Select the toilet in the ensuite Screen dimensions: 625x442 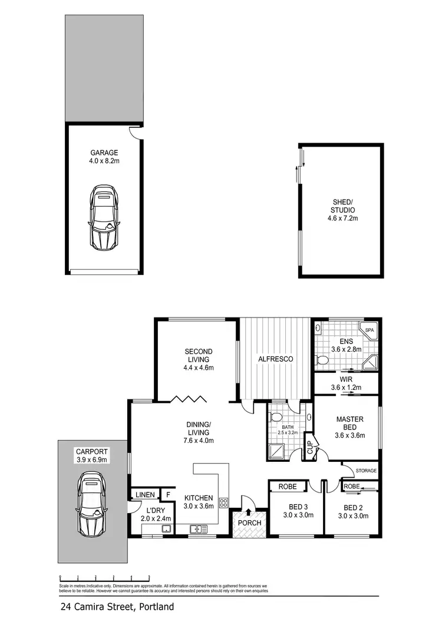pyautogui.click(x=323, y=359)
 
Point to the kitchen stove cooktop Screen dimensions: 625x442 pyautogui.click(x=224, y=502)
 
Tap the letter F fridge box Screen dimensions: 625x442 pyautogui.click(x=167, y=495)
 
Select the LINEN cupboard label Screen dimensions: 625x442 pyautogui.click(x=145, y=495)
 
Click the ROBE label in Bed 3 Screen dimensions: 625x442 pyautogui.click(x=288, y=487)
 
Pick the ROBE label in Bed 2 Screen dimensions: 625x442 pyautogui.click(x=352, y=487)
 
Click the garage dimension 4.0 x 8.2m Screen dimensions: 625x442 pyautogui.click(x=104, y=160)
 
